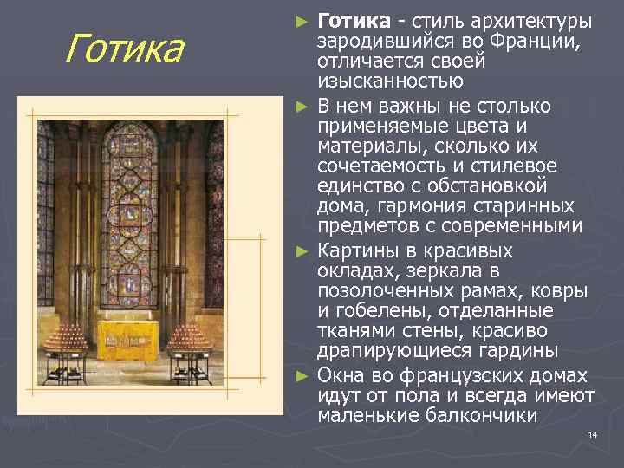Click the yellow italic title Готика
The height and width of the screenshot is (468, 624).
[x=125, y=49]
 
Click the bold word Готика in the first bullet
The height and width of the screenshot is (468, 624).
[x=350, y=20]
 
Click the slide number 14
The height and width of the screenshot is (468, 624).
[x=593, y=434]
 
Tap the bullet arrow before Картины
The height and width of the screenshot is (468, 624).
[x=301, y=252]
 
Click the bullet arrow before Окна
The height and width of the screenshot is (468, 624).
[x=301, y=377]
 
